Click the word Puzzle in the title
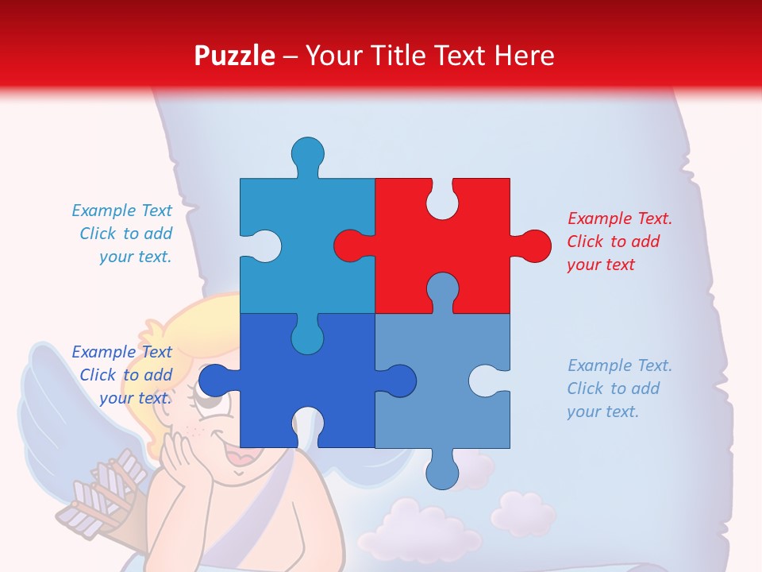(235, 56)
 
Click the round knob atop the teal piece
(307, 153)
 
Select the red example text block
(619, 242)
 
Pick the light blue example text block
(619, 388)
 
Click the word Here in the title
(524, 56)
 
